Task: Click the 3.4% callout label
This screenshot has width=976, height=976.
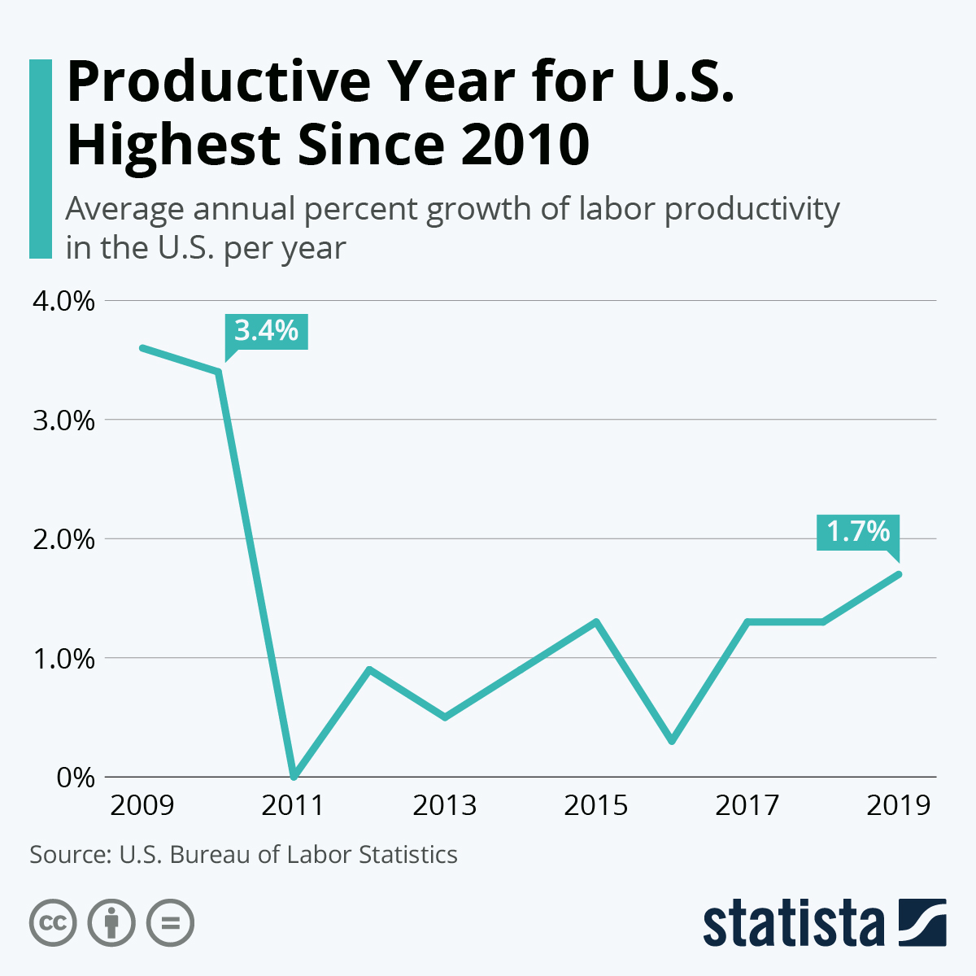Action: [267, 332]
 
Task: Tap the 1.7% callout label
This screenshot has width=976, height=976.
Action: [858, 532]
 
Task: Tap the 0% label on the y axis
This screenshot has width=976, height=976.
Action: [76, 777]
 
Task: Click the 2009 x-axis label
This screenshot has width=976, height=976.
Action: [142, 805]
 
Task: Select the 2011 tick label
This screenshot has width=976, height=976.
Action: [294, 805]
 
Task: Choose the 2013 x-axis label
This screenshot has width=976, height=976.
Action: [445, 805]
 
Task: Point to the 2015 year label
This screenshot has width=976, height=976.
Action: [596, 805]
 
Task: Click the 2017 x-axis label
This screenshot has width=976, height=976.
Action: [747, 805]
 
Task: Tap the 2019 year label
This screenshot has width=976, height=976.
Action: [899, 805]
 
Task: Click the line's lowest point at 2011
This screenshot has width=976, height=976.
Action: [294, 776]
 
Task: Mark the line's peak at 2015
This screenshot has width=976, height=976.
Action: [596, 622]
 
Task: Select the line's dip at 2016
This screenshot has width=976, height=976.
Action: [672, 741]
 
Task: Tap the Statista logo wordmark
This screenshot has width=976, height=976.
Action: [793, 923]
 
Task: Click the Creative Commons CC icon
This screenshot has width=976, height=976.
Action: [53, 923]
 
